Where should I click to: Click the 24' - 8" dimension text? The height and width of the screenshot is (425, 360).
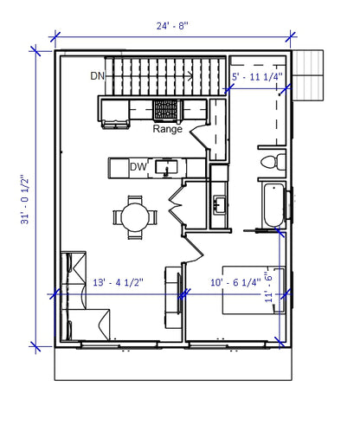tap(172, 25)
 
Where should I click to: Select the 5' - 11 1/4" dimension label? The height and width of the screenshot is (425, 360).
tap(259, 77)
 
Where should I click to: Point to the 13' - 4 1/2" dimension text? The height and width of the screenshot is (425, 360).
tap(118, 281)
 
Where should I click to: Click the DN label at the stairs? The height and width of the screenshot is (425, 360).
tap(98, 76)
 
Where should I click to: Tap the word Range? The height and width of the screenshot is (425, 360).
tap(167, 130)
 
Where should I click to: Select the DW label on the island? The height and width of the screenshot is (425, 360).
tap(138, 166)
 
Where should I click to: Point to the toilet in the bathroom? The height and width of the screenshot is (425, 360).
tap(270, 160)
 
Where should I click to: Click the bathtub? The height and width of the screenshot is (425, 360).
tap(272, 205)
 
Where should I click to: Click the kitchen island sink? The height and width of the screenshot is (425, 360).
tap(169, 166)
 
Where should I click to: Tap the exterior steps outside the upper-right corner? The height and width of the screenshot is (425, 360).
tap(307, 74)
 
